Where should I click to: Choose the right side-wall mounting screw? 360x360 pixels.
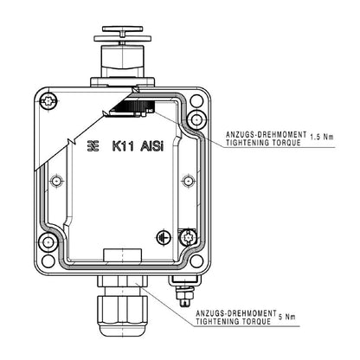pos(185,181)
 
